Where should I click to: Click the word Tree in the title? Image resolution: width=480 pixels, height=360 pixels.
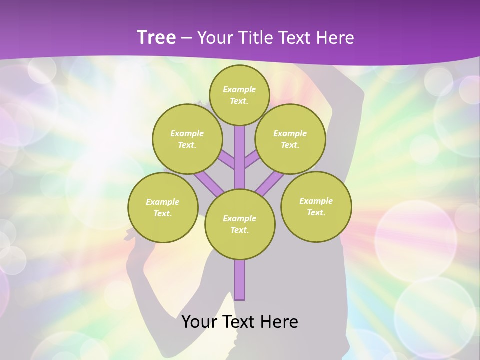[x=156, y=38]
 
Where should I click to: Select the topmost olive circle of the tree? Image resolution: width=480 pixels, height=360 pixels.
[x=239, y=95]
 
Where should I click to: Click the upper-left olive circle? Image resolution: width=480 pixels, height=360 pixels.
[x=187, y=139]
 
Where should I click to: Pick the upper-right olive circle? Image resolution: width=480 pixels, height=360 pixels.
[x=290, y=139]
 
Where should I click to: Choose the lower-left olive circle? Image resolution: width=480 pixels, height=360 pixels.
[x=163, y=207]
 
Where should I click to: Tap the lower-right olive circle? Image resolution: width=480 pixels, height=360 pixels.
[x=316, y=206]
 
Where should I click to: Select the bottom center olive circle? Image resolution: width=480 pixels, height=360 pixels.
[x=240, y=224]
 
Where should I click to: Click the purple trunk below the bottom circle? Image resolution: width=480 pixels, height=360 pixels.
[x=240, y=280]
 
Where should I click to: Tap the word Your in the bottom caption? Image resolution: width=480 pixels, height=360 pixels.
[x=199, y=322]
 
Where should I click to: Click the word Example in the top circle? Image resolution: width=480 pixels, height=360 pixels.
[x=239, y=89]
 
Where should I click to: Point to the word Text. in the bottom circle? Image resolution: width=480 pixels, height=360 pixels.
[x=239, y=230]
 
